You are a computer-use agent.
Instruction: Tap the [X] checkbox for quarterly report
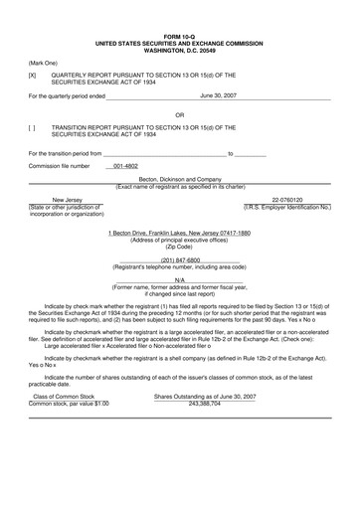32,75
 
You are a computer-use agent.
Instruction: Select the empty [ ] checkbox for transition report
32,127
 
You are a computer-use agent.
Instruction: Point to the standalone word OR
180,113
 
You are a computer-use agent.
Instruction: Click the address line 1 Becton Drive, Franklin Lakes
179,232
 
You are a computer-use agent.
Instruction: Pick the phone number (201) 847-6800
179,260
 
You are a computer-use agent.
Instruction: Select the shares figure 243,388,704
208,404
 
